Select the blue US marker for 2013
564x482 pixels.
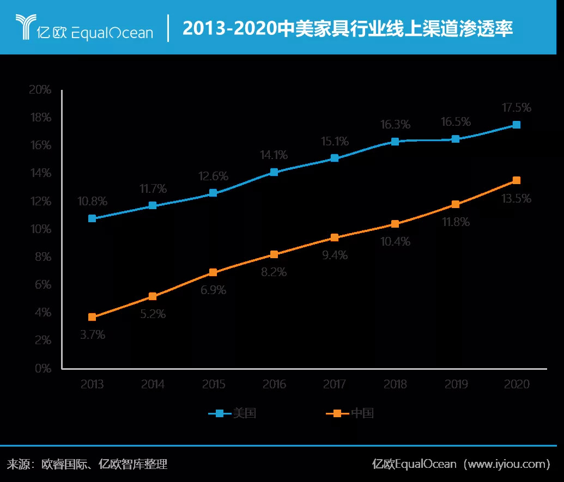click(x=92, y=218)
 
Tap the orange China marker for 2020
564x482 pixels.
click(x=517, y=180)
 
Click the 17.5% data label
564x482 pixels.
click(x=516, y=107)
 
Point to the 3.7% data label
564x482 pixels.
click(x=93, y=335)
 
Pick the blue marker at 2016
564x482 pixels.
click(x=274, y=172)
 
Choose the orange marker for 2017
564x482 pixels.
click(x=335, y=237)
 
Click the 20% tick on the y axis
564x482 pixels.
click(x=40, y=89)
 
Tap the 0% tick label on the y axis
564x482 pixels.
click(x=42, y=368)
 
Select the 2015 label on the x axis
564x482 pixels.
click(x=214, y=385)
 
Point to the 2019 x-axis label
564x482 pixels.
click(x=456, y=385)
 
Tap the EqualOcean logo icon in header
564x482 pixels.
click(x=25, y=27)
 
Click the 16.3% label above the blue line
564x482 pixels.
click(x=395, y=125)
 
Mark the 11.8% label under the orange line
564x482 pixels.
click(x=456, y=222)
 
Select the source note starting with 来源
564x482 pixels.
click(x=87, y=464)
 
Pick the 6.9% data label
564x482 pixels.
click(x=213, y=290)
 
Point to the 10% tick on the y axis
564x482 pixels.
click(x=40, y=229)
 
